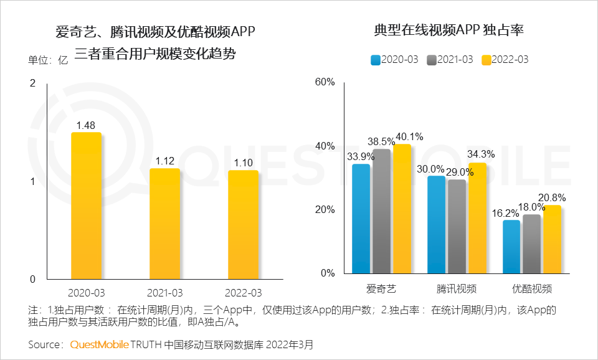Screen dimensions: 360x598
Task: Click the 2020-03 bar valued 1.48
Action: pos(86,206)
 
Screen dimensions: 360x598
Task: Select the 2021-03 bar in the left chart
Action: pos(164,224)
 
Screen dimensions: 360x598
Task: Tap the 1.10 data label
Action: pos(242,162)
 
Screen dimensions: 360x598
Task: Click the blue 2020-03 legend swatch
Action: pos(376,60)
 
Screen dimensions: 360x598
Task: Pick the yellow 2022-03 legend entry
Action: pos(506,60)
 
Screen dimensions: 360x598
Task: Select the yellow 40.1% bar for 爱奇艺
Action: pos(402,209)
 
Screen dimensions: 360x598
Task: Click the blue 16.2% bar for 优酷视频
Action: pos(511,246)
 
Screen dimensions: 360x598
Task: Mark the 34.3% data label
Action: pos(482,154)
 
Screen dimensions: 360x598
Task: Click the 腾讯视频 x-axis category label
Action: pos(457,289)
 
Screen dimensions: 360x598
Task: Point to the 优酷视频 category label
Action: pos(531,289)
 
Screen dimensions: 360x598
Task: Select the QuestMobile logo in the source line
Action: pos(100,344)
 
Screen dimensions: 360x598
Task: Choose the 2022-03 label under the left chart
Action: pos(243,293)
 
